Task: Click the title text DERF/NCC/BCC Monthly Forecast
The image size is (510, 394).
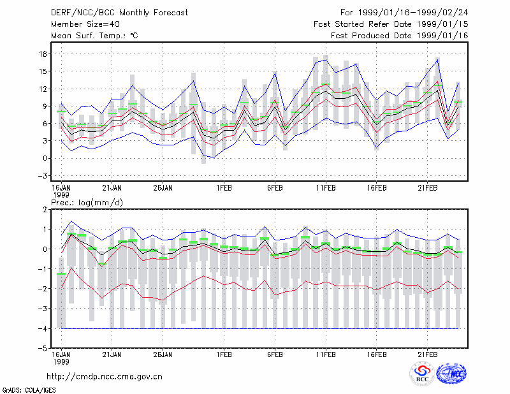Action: coord(119,13)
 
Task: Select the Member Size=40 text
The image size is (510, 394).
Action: coord(85,24)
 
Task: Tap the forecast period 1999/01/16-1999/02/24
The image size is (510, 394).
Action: coord(404,13)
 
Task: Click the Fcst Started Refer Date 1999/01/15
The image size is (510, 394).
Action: coord(391,24)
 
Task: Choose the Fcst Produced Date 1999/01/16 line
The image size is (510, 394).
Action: coord(399,36)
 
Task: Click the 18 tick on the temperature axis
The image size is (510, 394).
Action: coord(43,54)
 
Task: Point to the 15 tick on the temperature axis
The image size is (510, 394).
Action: coord(43,71)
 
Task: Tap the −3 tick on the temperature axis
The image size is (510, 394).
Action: coord(42,176)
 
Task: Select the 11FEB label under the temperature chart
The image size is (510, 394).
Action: coord(326,188)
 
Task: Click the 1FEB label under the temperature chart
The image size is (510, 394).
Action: coord(224,188)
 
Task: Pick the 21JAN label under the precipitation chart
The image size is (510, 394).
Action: coord(112,354)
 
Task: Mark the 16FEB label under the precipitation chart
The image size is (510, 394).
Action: coord(377,354)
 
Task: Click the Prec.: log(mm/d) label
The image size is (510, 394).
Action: coord(87,203)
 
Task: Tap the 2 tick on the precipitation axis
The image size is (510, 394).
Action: coord(45,210)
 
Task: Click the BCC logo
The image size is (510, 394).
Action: coord(422,374)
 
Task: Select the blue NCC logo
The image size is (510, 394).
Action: coord(451,374)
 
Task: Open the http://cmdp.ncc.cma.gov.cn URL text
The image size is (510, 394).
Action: coord(105,377)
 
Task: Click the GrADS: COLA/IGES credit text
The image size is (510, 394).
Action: coord(29,390)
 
